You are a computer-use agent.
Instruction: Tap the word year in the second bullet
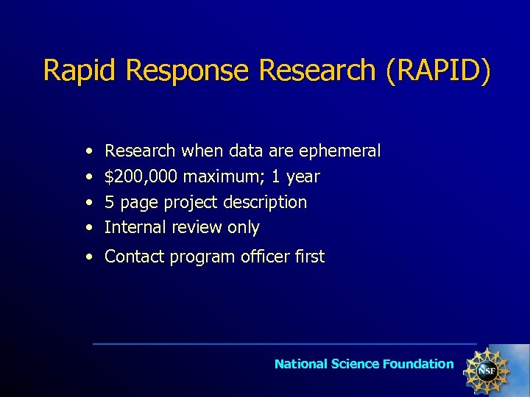click(303, 177)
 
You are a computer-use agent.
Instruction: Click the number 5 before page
click(109, 202)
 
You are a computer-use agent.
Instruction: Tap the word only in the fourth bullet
click(244, 227)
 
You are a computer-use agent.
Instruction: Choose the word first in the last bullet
click(310, 257)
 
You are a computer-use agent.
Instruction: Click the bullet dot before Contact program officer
click(88, 257)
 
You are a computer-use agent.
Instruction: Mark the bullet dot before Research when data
click(88, 151)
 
